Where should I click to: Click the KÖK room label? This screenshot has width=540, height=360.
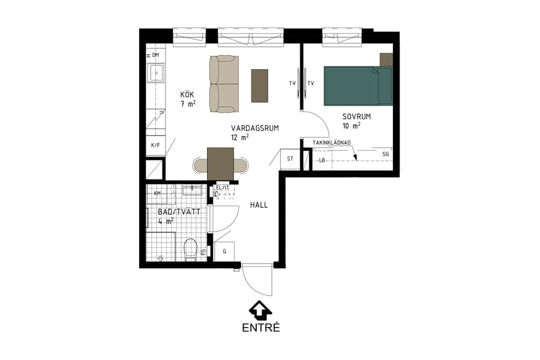tap(188, 95)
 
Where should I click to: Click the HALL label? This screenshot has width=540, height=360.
tap(259, 205)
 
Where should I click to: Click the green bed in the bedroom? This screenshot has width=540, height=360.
tap(358, 86)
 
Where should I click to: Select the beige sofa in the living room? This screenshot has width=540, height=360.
tap(224, 84)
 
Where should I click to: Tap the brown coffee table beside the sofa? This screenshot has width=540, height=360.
tap(259, 85)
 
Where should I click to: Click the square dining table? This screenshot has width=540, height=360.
tap(220, 163)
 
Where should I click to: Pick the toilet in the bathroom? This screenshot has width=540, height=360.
tap(191, 250)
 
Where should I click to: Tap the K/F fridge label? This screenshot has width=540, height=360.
tap(155, 145)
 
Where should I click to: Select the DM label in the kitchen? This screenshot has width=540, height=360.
tap(155, 55)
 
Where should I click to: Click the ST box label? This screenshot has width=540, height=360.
tap(290, 159)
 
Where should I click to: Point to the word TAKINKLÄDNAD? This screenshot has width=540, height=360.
tap(331, 143)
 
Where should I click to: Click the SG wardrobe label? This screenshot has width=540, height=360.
tap(386, 154)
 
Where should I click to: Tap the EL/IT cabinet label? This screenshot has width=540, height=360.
tap(223, 187)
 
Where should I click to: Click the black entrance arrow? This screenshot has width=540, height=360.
tap(260, 310)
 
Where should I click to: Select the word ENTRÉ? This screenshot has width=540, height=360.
tap(261, 328)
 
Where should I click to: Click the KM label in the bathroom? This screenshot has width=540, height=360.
tap(157, 193)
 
